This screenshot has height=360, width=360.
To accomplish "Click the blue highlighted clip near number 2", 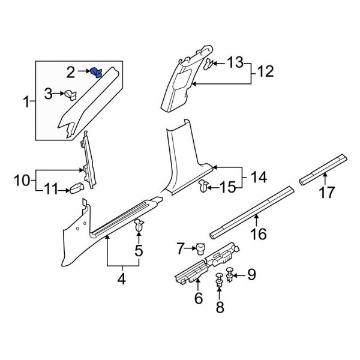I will (x=95, y=73).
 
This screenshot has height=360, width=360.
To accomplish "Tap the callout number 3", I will (x=49, y=93).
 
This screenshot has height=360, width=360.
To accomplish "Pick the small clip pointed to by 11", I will (x=76, y=189).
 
